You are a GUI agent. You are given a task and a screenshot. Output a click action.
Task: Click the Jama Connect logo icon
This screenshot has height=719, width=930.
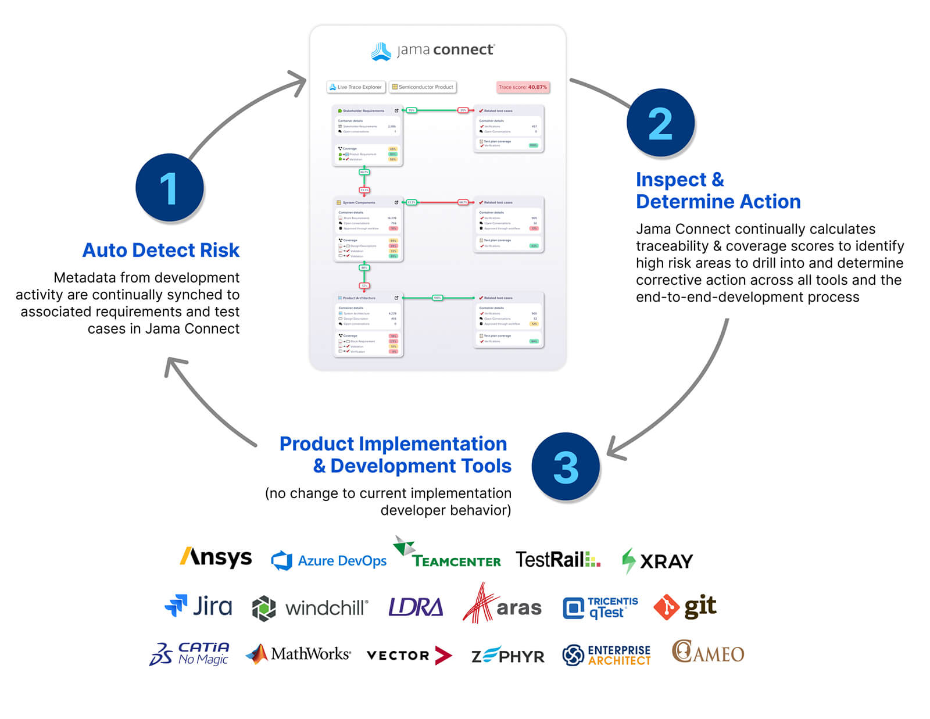pyautogui.click(x=381, y=51)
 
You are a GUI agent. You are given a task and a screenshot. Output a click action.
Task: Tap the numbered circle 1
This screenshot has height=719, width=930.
pyautogui.click(x=169, y=188)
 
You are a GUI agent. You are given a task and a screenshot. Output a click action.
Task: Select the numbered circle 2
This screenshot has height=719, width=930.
pyautogui.click(x=660, y=123)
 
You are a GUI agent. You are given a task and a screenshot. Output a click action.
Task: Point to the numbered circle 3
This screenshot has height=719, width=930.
pyautogui.click(x=566, y=466)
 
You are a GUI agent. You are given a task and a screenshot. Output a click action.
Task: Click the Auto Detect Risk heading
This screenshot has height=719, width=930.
pyautogui.click(x=161, y=250)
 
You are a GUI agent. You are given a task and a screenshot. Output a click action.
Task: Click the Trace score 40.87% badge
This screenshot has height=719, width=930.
pyautogui.click(x=523, y=87)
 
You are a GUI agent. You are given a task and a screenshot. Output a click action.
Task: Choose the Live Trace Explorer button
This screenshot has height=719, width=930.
pyautogui.click(x=356, y=87)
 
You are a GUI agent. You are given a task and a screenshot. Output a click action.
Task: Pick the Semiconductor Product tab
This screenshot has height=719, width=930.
pyautogui.click(x=423, y=87)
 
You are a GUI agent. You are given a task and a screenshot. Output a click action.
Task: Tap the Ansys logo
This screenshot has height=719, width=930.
pyautogui.click(x=216, y=558)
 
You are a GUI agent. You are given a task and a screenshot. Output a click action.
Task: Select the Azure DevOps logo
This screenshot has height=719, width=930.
pyautogui.click(x=329, y=560)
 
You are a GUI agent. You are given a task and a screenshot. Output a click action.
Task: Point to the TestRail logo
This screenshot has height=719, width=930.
pyautogui.click(x=557, y=560)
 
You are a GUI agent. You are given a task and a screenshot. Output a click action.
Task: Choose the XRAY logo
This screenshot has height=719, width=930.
pyautogui.click(x=657, y=561)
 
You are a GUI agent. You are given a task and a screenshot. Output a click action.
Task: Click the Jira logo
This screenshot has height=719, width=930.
pyautogui.click(x=198, y=606)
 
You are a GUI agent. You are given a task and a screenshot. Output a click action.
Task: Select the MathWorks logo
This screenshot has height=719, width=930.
pyautogui.click(x=298, y=654)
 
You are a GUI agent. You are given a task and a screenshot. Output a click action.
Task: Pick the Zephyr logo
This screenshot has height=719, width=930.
pyautogui.click(x=507, y=656)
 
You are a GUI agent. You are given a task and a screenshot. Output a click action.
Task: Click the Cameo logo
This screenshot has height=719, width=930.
pyautogui.click(x=707, y=652)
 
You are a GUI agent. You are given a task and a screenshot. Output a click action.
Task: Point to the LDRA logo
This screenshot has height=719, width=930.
pyautogui.click(x=416, y=607)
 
